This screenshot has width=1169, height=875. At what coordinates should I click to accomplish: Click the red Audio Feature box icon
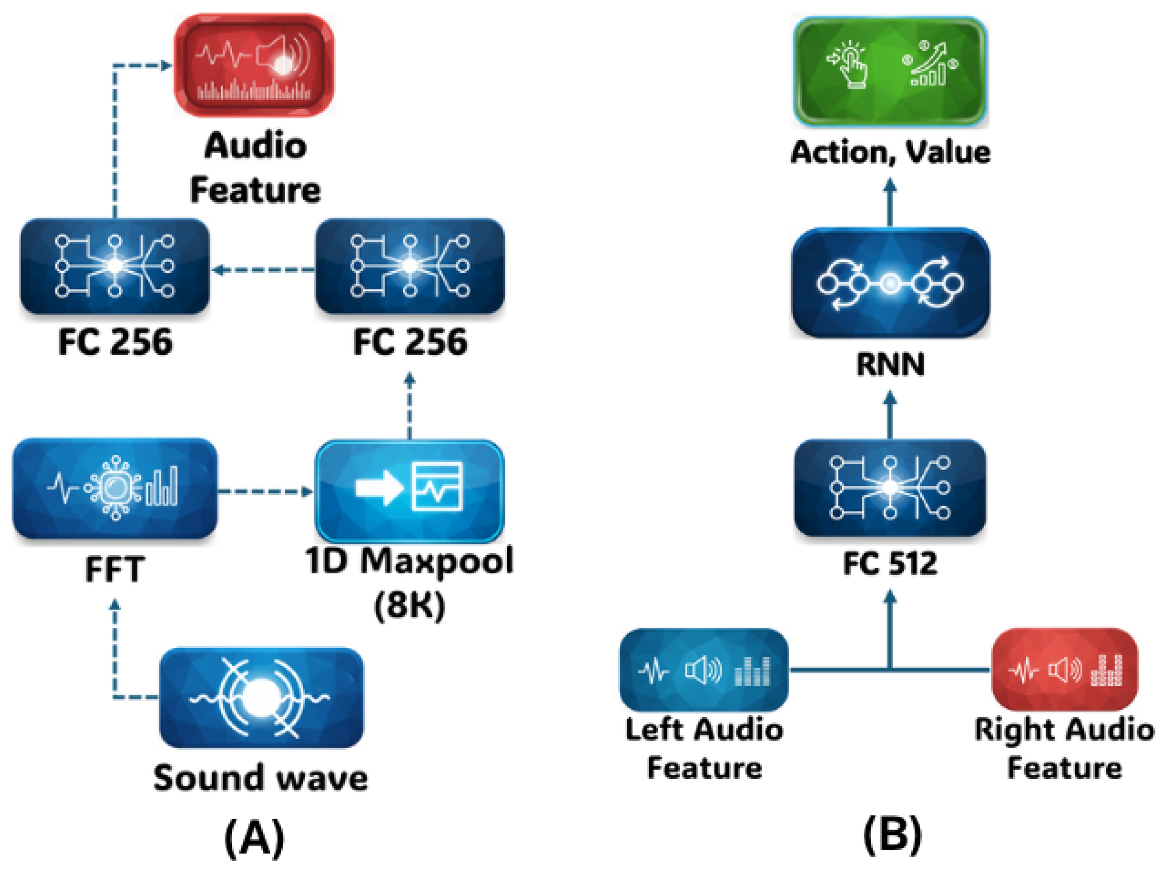[253, 65]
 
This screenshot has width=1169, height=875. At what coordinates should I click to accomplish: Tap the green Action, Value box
[890, 72]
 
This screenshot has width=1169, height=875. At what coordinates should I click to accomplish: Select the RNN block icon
[890, 283]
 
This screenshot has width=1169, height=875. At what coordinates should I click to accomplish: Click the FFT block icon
[114, 488]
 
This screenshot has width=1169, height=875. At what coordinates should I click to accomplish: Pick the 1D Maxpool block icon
[410, 492]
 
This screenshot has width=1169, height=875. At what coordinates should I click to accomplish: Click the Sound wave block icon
[261, 697]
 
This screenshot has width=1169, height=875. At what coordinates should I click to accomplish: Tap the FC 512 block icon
[890, 487]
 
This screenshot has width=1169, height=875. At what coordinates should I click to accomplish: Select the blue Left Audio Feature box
[703, 670]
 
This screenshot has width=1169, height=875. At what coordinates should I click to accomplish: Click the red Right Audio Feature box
[1064, 670]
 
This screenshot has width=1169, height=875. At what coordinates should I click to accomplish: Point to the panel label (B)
[893, 833]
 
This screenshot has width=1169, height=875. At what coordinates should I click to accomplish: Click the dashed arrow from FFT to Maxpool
[264, 492]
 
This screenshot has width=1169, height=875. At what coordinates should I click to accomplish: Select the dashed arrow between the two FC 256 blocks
[263, 270]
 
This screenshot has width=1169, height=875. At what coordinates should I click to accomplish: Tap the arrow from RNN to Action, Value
[890, 202]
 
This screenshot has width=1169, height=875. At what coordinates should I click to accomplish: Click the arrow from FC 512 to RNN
[890, 415]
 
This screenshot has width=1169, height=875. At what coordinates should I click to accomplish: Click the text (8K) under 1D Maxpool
[410, 605]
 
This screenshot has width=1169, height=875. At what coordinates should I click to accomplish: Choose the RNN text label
[890, 364]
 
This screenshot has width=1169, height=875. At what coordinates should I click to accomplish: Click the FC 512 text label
[890, 563]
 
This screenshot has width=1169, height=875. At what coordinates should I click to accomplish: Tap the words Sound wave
[260, 778]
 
